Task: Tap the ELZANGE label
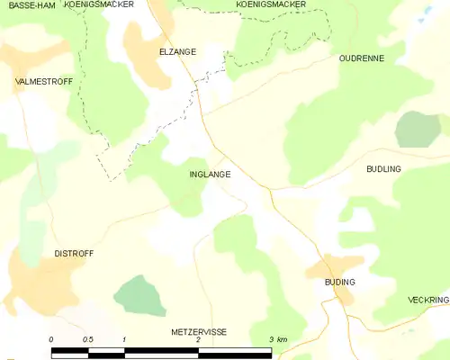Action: [176, 52]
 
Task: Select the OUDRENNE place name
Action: [362, 58]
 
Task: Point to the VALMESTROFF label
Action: [44, 81]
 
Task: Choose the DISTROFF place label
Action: [74, 254]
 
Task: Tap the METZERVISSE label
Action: [199, 332]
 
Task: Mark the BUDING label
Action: [340, 282]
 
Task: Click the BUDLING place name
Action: [383, 169]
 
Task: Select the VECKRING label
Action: [427, 300]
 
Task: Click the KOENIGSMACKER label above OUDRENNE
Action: [270, 4]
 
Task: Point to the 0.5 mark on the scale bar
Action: [87, 339]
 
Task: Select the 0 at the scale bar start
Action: [51, 339]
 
